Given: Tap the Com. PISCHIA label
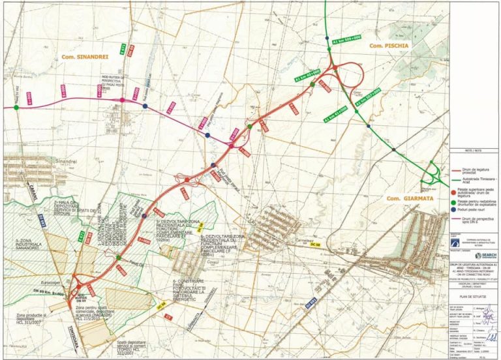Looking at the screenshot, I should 388,46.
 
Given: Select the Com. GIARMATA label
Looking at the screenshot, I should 406,198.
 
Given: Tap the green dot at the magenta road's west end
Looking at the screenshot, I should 16,107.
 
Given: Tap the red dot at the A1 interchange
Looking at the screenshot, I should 334,66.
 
